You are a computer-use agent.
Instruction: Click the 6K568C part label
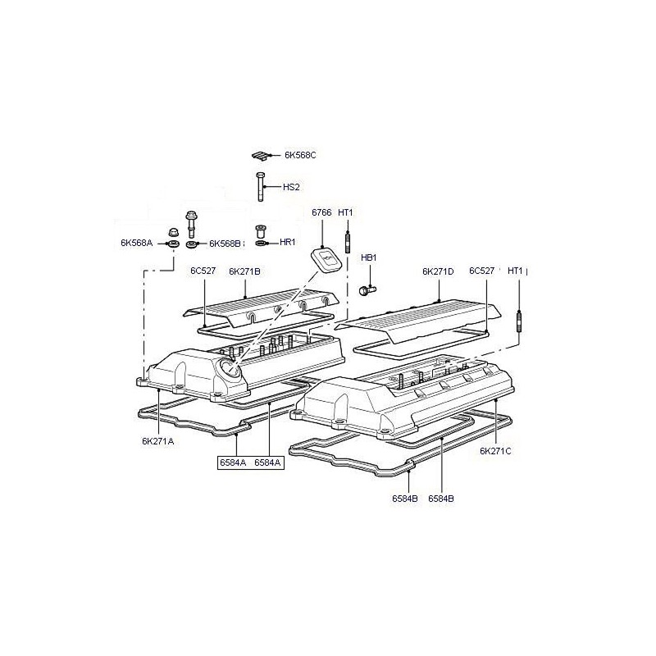click(300, 155)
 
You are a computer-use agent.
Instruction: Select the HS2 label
click(291, 187)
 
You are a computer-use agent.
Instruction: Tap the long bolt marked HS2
click(260, 187)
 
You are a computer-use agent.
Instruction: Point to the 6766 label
click(321, 212)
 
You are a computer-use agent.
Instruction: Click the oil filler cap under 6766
click(326, 259)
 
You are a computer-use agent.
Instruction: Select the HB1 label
click(368, 257)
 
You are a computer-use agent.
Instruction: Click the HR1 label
click(288, 242)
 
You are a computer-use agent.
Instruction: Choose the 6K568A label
click(137, 243)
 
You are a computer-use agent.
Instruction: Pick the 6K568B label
click(225, 244)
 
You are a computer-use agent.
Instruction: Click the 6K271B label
click(244, 271)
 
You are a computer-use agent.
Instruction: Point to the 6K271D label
click(438, 271)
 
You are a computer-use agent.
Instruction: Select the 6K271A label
click(157, 441)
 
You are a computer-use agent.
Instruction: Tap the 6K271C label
click(495, 451)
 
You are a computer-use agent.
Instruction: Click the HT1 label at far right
click(516, 271)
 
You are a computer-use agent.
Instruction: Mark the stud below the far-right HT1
click(519, 322)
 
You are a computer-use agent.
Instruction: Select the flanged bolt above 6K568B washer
click(192, 224)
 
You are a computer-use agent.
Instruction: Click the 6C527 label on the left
click(203, 271)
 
